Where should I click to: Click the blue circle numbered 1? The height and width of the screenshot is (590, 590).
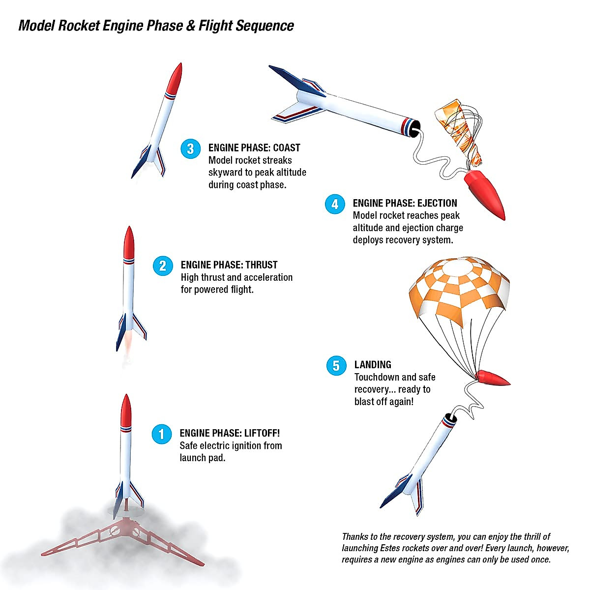(x=162, y=434)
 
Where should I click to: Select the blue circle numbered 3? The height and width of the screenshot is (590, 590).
(x=190, y=149)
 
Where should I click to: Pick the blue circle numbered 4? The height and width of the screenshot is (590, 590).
(x=335, y=204)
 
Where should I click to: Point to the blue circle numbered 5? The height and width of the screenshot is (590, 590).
(x=336, y=366)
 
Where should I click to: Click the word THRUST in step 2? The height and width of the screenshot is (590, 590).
(x=262, y=265)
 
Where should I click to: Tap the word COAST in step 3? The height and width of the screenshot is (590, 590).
(x=287, y=148)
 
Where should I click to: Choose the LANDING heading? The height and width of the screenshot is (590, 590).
(x=373, y=365)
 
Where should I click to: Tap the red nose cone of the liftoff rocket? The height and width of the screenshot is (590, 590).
(x=126, y=411)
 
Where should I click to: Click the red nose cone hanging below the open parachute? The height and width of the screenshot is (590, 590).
(x=493, y=378)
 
